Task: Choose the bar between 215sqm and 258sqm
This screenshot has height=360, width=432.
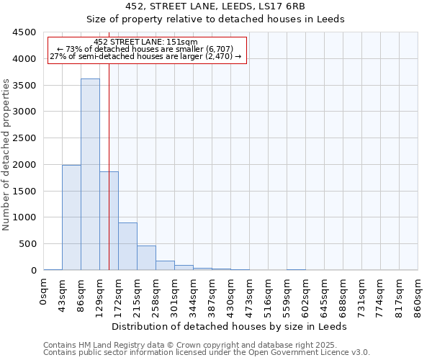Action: click(x=146, y=258)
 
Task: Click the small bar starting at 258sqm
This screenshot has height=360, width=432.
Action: click(x=165, y=265)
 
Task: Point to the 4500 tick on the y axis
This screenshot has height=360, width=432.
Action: click(x=24, y=32)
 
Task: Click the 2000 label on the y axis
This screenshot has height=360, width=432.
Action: click(x=24, y=165)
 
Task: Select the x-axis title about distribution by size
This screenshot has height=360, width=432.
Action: click(x=230, y=326)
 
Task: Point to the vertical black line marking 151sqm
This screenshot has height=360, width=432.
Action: click(x=109, y=180)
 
